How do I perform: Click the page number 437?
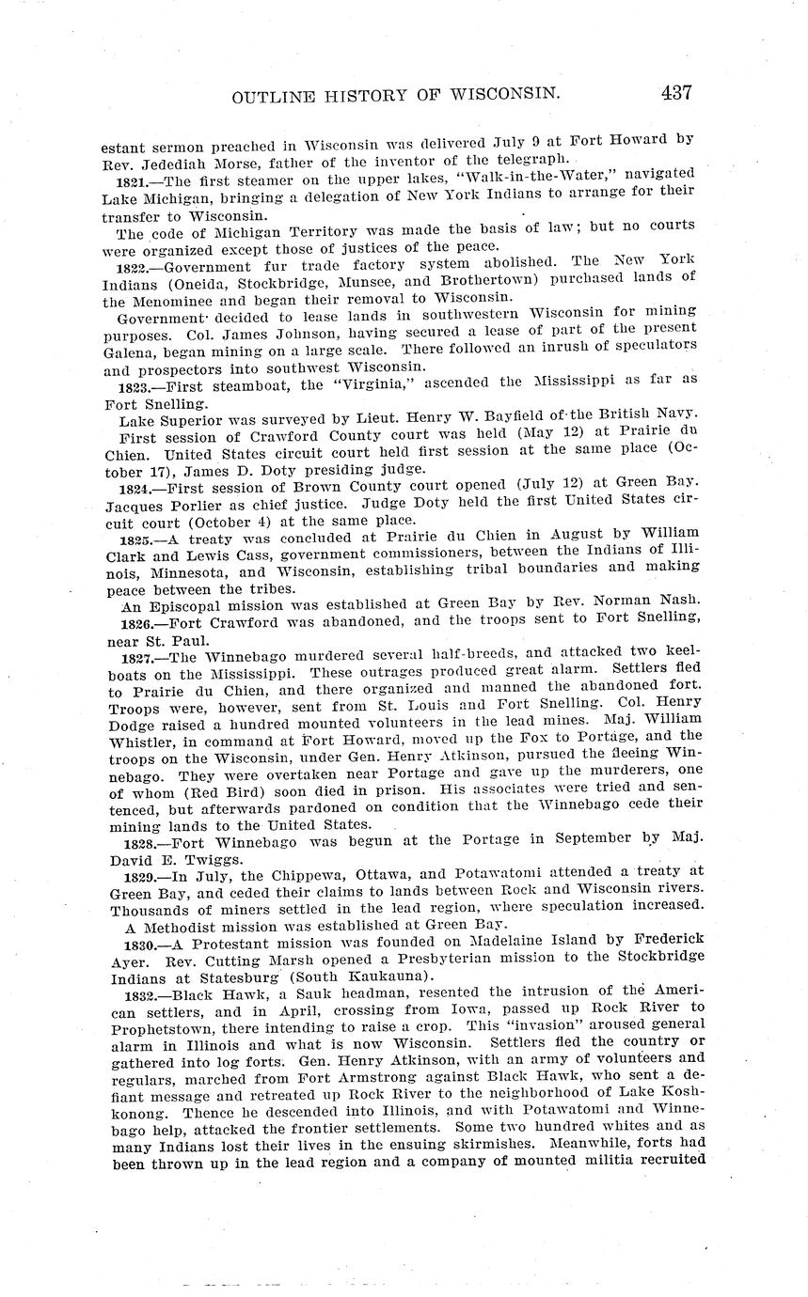(676, 92)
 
